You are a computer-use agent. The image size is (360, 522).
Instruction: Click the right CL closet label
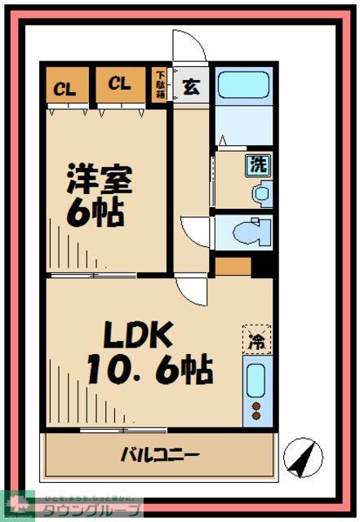point(119,84)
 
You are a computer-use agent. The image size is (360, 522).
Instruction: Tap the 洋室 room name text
point(98,179)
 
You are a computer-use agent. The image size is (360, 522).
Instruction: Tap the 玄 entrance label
point(189,85)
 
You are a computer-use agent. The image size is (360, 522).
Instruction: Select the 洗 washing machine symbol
point(258,163)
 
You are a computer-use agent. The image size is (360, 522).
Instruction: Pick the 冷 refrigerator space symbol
point(256,341)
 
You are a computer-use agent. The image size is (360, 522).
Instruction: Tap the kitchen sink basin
point(256,380)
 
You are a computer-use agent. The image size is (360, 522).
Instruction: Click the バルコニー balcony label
point(161,454)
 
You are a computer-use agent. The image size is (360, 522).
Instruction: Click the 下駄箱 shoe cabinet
point(161,85)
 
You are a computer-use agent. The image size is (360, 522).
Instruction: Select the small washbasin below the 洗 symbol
point(260,195)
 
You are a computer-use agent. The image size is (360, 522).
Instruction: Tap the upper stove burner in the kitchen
point(256,405)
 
